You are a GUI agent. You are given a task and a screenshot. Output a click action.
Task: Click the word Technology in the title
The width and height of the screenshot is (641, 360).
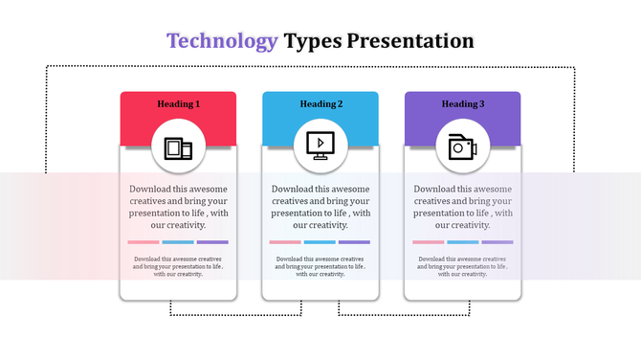(x=222, y=41)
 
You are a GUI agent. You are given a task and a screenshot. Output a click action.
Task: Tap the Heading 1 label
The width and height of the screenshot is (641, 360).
(x=178, y=103)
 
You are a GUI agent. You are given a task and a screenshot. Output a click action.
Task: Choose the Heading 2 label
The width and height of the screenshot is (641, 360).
(x=320, y=103)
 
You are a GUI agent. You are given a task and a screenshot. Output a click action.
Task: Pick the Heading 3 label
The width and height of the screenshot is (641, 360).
(x=463, y=103)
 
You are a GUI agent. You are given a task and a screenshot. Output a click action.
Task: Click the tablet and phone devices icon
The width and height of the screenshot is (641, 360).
(x=178, y=147)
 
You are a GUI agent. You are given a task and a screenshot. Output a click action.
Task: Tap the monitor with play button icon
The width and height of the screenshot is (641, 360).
(x=320, y=146)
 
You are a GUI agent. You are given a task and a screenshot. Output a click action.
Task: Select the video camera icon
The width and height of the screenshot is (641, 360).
(x=463, y=147)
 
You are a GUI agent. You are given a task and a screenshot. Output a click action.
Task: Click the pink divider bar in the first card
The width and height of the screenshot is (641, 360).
(x=144, y=242)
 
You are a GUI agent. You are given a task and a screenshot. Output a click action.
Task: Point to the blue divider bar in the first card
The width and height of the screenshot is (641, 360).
(x=178, y=242)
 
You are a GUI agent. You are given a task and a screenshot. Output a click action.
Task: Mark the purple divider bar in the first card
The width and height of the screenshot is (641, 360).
(x=212, y=242)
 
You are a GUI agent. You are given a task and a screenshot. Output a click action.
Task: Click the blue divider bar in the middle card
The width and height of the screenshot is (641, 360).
(x=320, y=242)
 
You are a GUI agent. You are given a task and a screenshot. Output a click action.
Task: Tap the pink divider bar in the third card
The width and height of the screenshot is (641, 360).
(x=429, y=242)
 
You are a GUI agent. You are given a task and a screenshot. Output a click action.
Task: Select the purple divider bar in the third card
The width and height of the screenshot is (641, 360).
(x=497, y=242)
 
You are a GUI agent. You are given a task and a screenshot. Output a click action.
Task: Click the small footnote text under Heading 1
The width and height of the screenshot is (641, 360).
(x=178, y=266)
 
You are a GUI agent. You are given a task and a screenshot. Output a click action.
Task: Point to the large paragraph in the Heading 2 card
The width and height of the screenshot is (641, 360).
(x=320, y=207)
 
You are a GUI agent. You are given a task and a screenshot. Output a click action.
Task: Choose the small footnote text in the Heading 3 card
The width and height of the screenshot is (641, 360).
(x=463, y=266)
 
